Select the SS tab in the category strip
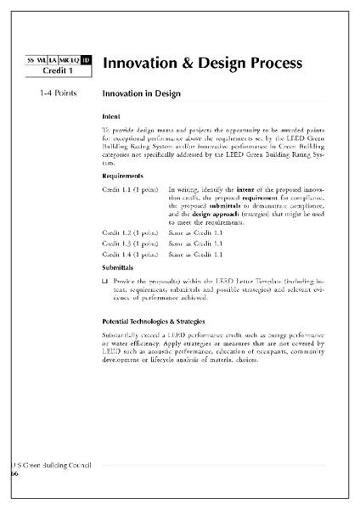(31, 59)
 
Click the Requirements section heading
(123, 176)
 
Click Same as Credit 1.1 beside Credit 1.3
(196, 243)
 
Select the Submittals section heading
(118, 267)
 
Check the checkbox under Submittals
(104, 281)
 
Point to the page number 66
(14, 474)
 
